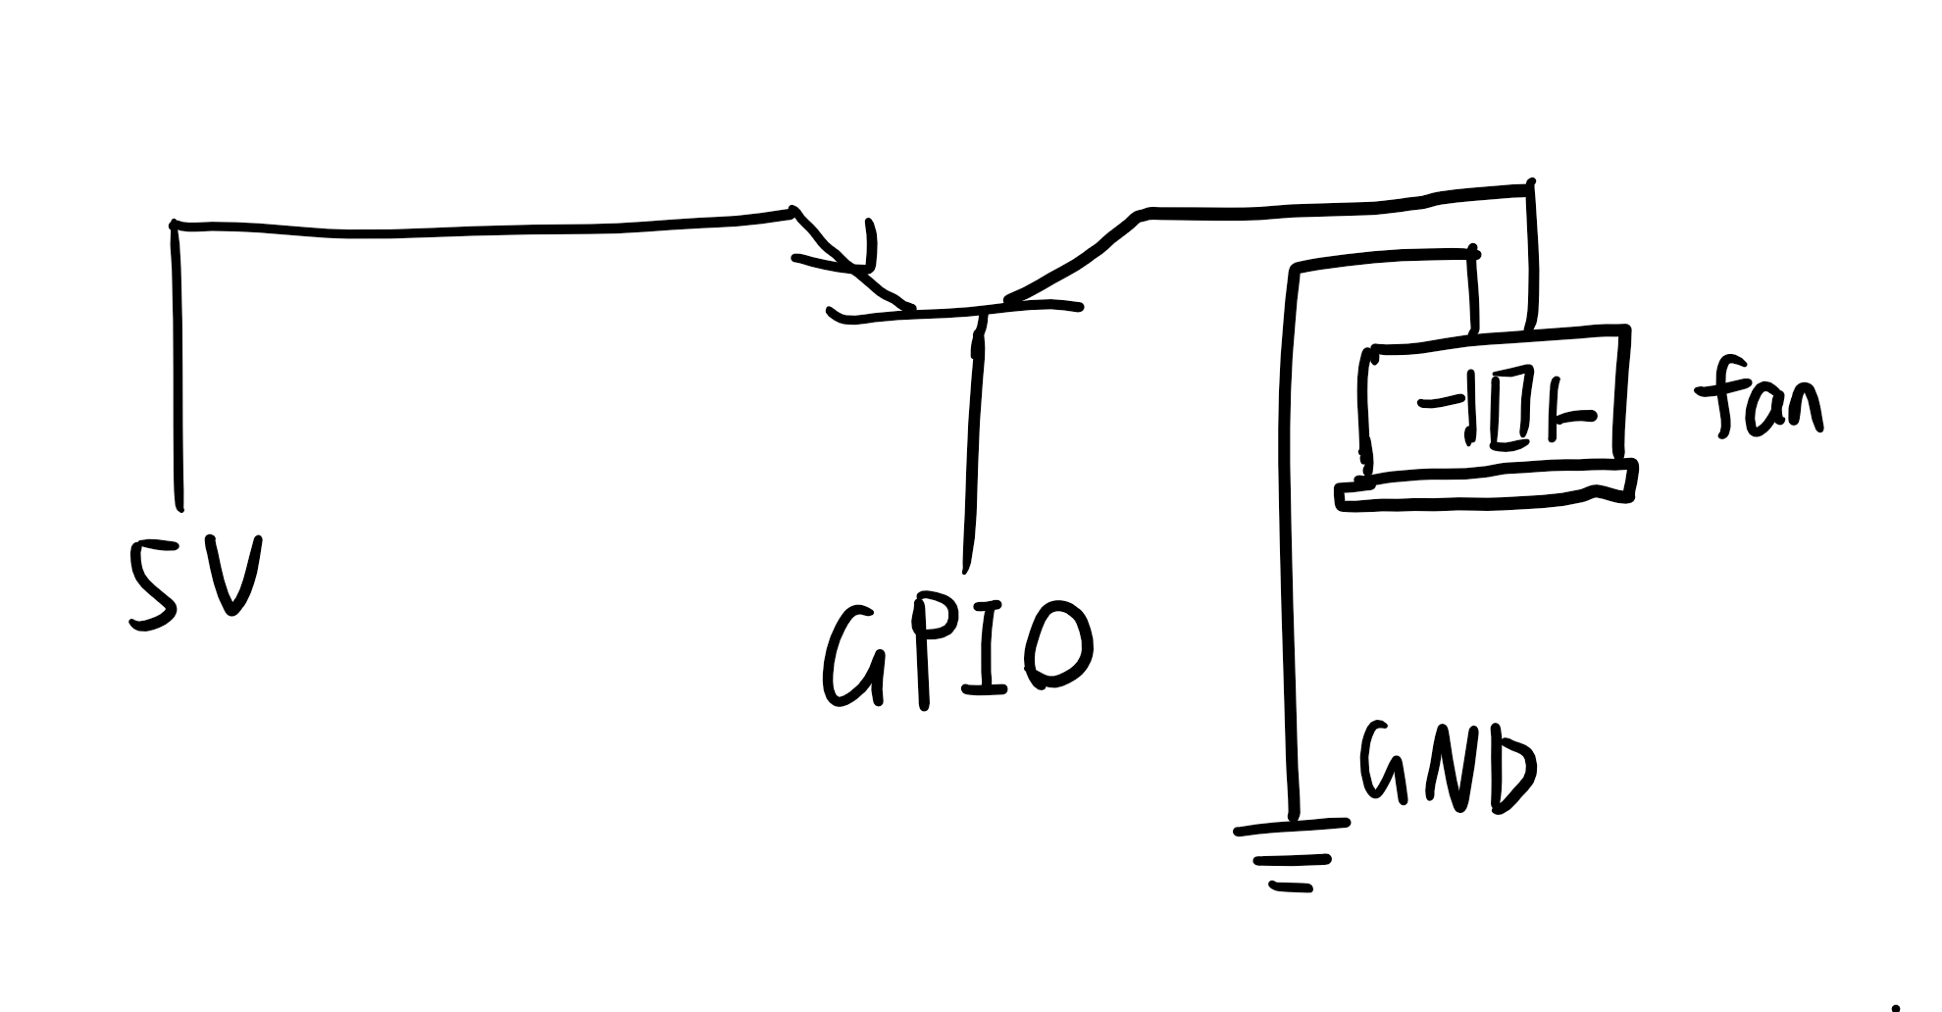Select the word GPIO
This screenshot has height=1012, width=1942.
(955, 651)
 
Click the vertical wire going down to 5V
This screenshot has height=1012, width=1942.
(178, 373)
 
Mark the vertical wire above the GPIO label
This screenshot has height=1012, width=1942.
(973, 441)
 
